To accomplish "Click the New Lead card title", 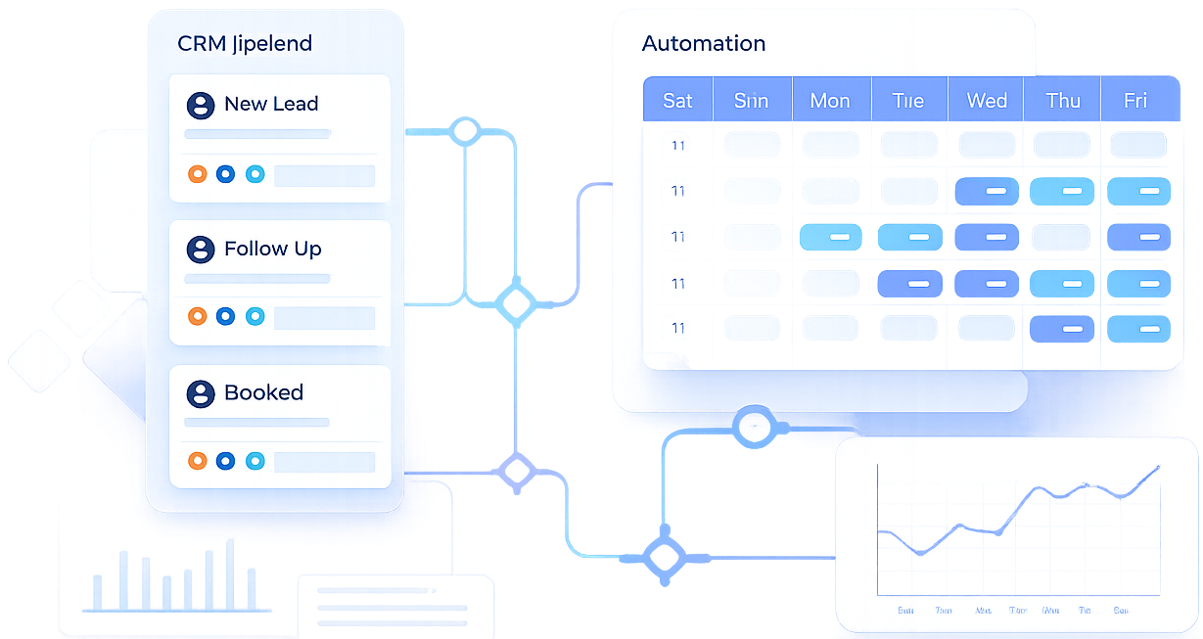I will (x=270, y=105).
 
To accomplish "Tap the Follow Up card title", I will (x=272, y=250).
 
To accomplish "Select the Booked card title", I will (x=263, y=393).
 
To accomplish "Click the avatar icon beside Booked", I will (x=201, y=394).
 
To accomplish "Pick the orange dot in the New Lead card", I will (x=197, y=174).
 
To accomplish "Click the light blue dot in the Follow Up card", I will (x=254, y=316).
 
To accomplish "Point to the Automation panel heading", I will (x=703, y=44).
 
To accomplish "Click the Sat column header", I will (x=677, y=101).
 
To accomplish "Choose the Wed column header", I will (x=986, y=101).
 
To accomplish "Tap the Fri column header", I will (x=1135, y=101).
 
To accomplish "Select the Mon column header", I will (x=829, y=101).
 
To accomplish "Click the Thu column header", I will (x=1062, y=101).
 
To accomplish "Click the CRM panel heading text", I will (x=244, y=44).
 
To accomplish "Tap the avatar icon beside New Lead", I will (x=201, y=106).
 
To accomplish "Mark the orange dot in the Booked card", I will (x=197, y=460).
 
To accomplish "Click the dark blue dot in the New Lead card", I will (x=225, y=174).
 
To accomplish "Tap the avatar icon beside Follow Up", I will (x=201, y=250).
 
